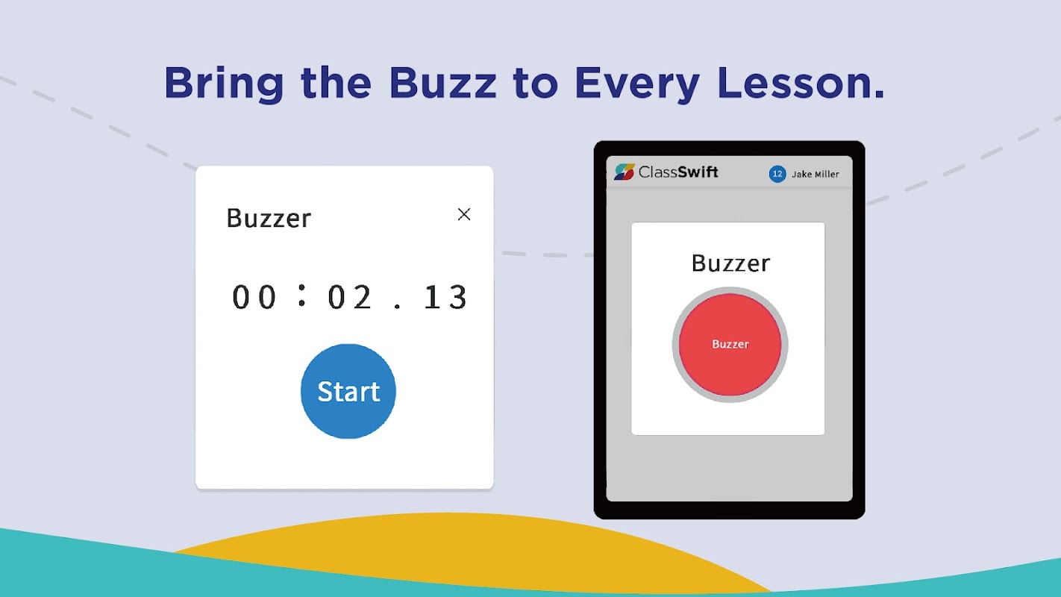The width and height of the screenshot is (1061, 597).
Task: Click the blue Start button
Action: (348, 391)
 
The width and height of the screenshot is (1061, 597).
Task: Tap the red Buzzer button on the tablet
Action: (730, 345)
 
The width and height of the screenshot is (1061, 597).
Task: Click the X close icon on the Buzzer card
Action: (464, 214)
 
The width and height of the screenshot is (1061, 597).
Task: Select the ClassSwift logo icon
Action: (625, 172)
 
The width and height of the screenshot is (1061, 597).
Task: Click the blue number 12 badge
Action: (777, 174)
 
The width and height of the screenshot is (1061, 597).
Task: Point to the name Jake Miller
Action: (816, 175)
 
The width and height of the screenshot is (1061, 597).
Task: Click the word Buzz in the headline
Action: (442, 84)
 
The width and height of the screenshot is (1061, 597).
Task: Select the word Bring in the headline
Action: (224, 85)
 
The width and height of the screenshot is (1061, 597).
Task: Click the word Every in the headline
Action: (637, 85)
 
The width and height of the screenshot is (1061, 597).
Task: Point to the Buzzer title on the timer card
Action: (269, 219)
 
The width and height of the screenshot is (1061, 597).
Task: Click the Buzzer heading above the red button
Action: (730, 263)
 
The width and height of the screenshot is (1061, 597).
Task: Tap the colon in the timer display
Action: (301, 296)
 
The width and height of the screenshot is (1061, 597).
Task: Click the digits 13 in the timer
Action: (445, 298)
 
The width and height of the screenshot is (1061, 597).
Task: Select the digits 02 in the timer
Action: (349, 298)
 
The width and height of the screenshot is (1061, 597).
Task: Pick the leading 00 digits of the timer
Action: (254, 298)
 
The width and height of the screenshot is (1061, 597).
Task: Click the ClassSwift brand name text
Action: (678, 172)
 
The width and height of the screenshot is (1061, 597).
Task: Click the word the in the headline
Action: (336, 84)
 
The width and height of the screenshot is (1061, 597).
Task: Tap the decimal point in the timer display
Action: (397, 307)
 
